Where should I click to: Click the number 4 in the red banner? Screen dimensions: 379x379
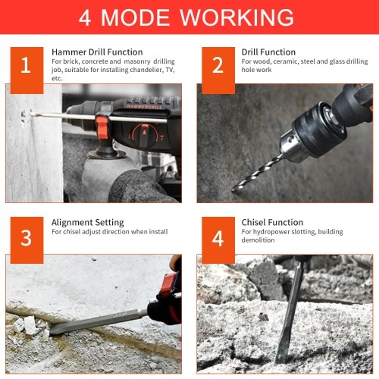(x=85, y=17)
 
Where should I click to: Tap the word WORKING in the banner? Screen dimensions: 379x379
(x=236, y=17)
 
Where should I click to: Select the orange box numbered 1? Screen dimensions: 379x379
(x=27, y=70)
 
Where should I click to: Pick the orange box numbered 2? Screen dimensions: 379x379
(x=218, y=70)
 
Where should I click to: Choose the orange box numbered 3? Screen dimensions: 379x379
(x=27, y=240)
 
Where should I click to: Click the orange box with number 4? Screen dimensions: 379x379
(x=218, y=240)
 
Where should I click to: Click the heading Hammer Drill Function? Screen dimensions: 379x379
(x=97, y=52)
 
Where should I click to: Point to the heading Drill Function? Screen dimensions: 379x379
(x=268, y=52)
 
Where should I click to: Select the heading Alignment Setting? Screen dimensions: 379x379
(x=88, y=223)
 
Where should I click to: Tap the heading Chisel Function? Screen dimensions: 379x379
(x=272, y=222)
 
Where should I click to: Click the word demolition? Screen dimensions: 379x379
(x=258, y=240)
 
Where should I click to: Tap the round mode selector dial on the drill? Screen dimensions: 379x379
(x=144, y=136)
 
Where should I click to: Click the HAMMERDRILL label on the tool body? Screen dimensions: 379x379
(x=144, y=107)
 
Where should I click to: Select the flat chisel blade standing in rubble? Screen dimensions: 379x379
(x=290, y=313)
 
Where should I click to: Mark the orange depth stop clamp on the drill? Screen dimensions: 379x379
(x=102, y=127)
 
